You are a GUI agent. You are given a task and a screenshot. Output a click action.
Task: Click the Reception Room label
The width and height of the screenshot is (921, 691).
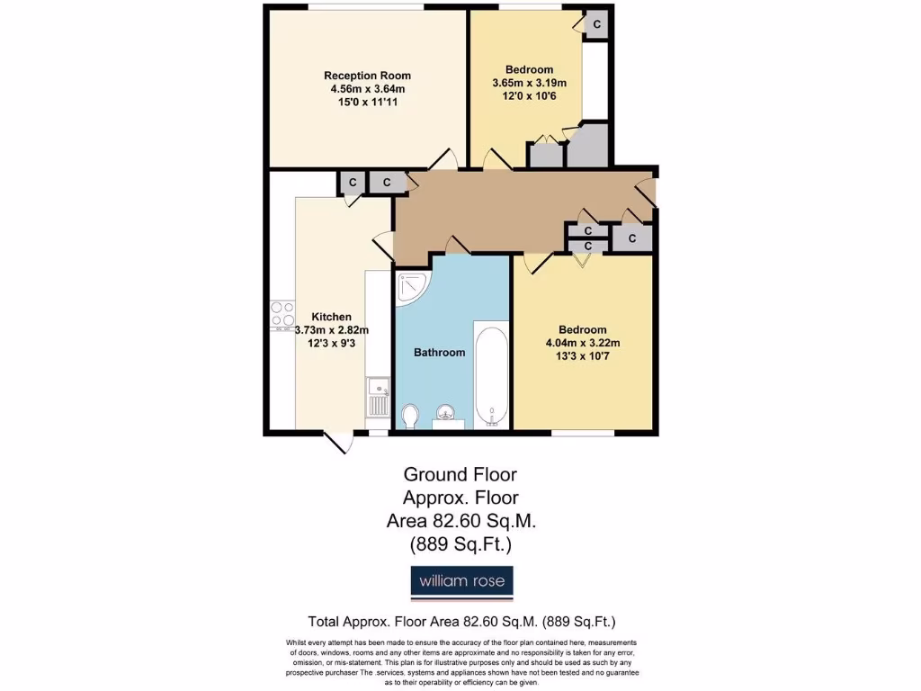pyautogui.click(x=367, y=76)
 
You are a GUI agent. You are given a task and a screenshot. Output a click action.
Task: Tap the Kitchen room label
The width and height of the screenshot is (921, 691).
pyautogui.click(x=331, y=317)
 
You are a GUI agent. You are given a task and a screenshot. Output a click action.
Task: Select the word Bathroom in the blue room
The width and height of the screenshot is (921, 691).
pyautogui.click(x=439, y=353)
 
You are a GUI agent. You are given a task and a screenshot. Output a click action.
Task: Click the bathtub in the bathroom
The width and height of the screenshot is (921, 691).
pyautogui.click(x=491, y=371)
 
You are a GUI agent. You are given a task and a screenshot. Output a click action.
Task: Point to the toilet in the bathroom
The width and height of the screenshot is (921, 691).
pyautogui.click(x=410, y=415)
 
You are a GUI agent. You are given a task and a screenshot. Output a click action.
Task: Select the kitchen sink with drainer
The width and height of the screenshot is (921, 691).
pyautogui.click(x=378, y=398)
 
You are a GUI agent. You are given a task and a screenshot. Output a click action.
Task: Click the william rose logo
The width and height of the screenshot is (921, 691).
pyautogui.click(x=462, y=581)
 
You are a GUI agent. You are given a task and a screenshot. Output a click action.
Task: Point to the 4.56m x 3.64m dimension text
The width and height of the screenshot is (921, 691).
pyautogui.click(x=367, y=89)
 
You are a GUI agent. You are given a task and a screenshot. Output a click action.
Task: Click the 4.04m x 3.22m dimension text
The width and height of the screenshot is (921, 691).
pyautogui.click(x=583, y=343)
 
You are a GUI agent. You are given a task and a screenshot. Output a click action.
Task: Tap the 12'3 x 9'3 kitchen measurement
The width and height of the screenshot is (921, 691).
pyautogui.click(x=331, y=343)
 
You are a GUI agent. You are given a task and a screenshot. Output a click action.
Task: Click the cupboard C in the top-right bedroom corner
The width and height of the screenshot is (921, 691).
pyautogui.click(x=596, y=25)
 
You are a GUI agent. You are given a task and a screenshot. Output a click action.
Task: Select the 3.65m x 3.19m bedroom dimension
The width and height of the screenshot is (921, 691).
pyautogui.click(x=529, y=83)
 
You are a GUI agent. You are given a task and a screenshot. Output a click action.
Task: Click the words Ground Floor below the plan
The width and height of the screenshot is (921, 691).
pyautogui.click(x=460, y=474)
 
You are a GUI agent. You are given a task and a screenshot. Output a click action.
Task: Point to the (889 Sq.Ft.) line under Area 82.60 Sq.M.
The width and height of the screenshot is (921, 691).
pyautogui.click(x=460, y=543)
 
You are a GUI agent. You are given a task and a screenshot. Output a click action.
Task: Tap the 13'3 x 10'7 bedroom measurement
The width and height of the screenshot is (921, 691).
pyautogui.click(x=583, y=356)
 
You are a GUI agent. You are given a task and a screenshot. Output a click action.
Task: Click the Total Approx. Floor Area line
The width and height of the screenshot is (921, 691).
pyautogui.click(x=461, y=622)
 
